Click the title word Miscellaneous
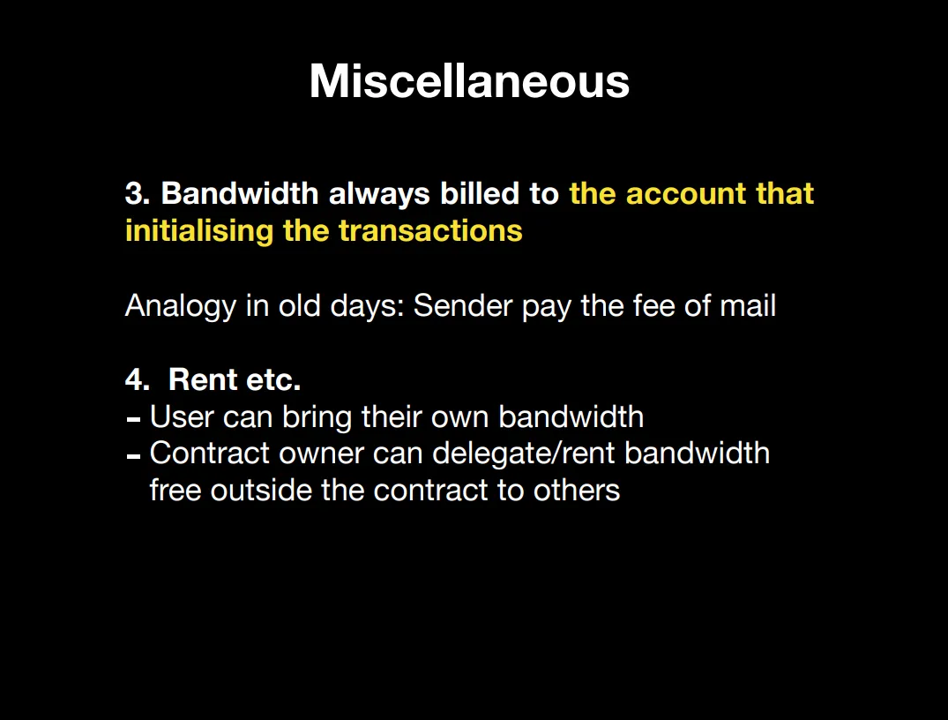[x=469, y=81]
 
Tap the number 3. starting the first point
[x=138, y=193]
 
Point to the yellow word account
[x=686, y=194]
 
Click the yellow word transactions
[x=430, y=231]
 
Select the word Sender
[x=463, y=305]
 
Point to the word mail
[x=748, y=305]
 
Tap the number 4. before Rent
[x=138, y=380]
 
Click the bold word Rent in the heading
[x=203, y=380]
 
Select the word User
[x=182, y=416]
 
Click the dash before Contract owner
[x=134, y=456]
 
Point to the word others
[x=577, y=490]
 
